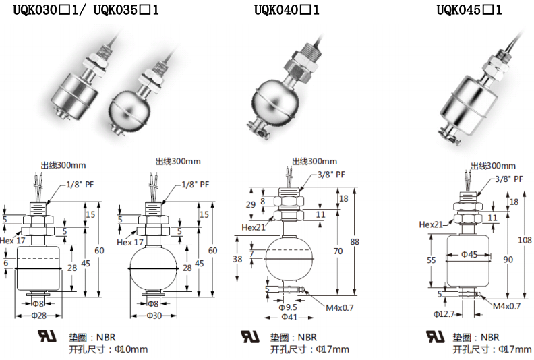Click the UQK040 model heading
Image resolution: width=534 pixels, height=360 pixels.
[287, 10]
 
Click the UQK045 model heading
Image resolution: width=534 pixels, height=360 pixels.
[469, 10]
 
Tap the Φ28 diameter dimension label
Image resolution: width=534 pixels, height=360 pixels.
[39, 316]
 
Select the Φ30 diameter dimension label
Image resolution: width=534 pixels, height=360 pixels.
[154, 316]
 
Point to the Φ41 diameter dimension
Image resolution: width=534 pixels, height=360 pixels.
[289, 317]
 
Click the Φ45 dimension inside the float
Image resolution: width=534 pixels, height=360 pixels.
[469, 254]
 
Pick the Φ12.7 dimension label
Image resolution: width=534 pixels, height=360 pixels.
[444, 314]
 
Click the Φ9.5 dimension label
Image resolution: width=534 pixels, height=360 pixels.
[288, 307]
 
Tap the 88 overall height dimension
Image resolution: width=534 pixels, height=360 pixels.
[355, 241]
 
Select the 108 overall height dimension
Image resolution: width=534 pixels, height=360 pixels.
[525, 240]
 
